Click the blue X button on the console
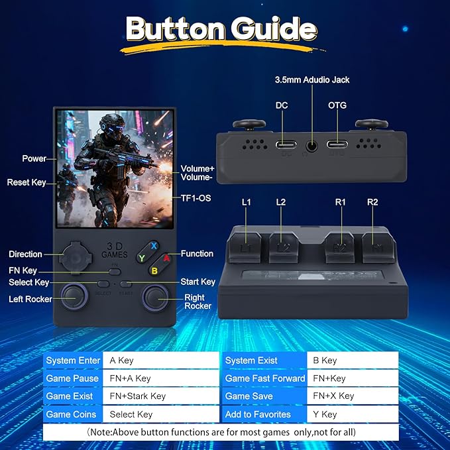click(154, 246)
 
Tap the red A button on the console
click(166, 258)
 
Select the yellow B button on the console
click(154, 270)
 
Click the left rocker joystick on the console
click(74, 297)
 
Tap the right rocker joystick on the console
click(155, 298)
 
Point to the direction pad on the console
click(76, 257)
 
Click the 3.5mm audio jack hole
click(311, 146)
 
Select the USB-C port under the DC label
click(286, 144)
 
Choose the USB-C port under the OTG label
click(337, 144)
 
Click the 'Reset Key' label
click(27, 182)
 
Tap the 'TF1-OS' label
click(196, 198)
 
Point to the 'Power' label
click(34, 158)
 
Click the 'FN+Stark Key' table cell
click(161, 396)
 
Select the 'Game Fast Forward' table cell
click(264, 378)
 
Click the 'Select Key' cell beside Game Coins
click(161, 414)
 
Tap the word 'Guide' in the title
click(274, 29)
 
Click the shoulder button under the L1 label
click(245, 247)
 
